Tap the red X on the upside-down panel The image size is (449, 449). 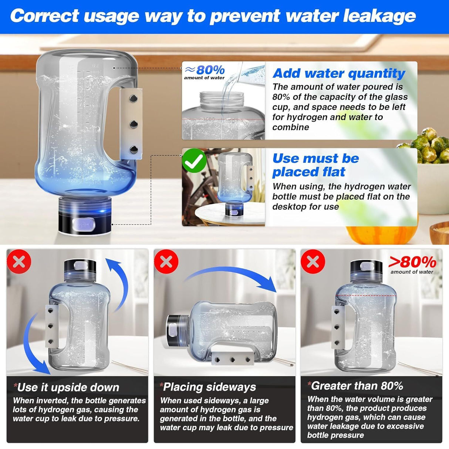click(19, 262)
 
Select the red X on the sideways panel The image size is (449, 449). click(166, 262)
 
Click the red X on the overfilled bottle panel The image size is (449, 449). click(313, 262)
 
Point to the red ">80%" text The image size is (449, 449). click(412, 262)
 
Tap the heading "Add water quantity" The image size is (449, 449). click(339, 73)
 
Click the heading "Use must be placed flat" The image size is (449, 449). click(315, 165)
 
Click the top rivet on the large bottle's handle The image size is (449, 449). click(134, 98)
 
